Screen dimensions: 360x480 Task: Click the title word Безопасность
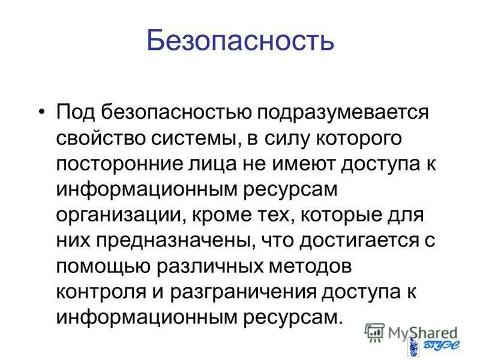click(x=240, y=41)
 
